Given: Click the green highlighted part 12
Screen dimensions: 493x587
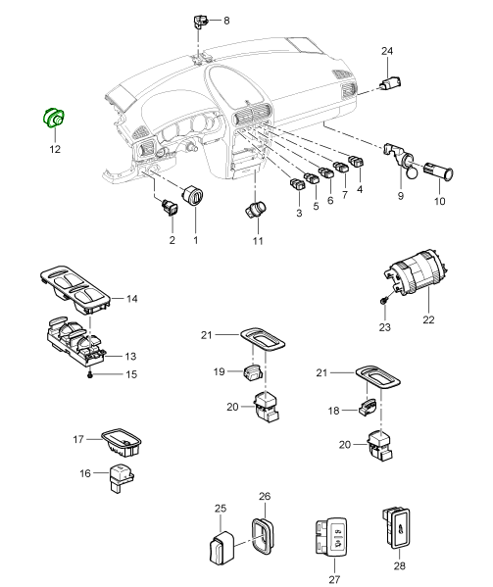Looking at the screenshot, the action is tap(53, 118).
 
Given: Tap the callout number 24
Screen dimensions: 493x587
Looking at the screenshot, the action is tap(387, 51).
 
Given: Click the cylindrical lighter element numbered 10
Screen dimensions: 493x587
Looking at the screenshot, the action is tap(438, 171).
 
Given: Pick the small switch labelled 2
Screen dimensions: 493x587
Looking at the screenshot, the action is tap(170, 208).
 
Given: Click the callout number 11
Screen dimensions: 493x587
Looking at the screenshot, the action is tap(258, 240).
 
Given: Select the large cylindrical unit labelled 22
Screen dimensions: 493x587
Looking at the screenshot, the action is tap(416, 272).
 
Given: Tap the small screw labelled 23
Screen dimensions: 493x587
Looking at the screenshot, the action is tap(383, 301).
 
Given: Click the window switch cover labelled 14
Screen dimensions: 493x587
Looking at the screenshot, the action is tap(74, 289).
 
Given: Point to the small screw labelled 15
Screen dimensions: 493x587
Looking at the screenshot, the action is tap(89, 374).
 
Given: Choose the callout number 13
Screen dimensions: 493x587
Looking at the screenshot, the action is tap(130, 357).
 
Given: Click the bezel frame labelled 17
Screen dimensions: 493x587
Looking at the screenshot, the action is tap(123, 442).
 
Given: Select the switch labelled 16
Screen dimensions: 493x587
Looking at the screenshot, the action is tap(121, 478).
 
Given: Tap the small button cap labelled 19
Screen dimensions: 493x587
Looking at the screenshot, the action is tap(253, 372).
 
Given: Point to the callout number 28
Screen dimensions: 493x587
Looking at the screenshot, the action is tap(400, 565).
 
